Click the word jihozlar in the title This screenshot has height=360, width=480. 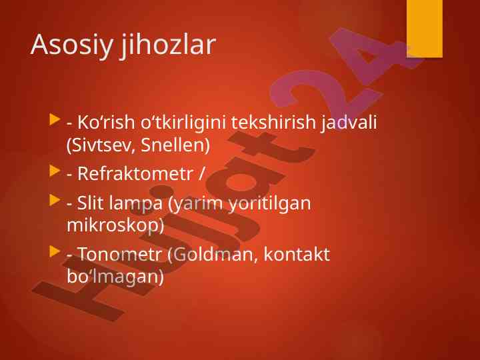tap(168, 45)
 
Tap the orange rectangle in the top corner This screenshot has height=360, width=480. tap(425, 29)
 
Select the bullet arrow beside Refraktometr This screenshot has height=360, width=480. tap(55, 171)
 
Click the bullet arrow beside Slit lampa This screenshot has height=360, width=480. tap(55, 200)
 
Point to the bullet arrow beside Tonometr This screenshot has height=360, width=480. tap(55, 251)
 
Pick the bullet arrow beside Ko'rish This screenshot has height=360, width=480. tap(55, 119)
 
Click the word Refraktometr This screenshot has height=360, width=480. tap(135, 173)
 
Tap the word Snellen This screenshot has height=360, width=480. tap(175, 145)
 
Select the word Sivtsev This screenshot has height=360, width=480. tap(101, 145)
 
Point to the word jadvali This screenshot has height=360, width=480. tap(349, 123)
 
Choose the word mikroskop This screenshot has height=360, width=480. tap(115, 225)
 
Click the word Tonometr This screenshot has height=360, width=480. tap(120, 254)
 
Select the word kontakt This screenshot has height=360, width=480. tap(297, 254)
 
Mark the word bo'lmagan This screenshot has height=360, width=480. tap(115, 277)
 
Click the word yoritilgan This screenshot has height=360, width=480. tap(270, 204)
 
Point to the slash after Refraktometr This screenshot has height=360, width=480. tap(201, 173)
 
